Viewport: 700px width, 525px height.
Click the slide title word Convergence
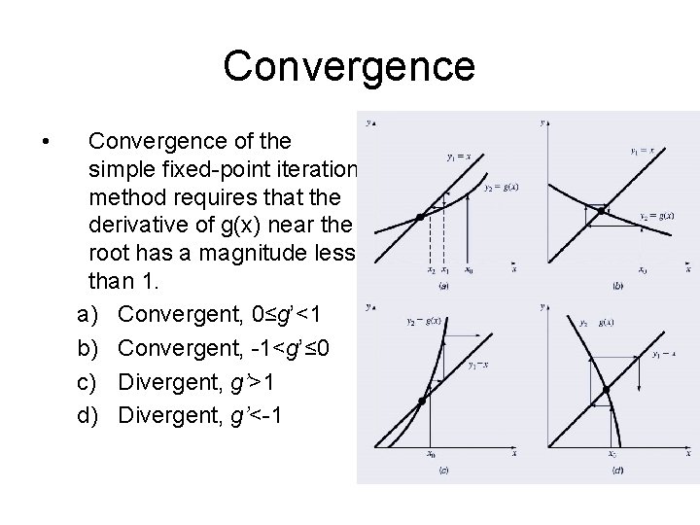[349, 66]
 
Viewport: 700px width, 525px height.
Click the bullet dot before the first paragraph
[48, 142]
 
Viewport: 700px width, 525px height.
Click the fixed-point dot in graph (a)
[419, 217]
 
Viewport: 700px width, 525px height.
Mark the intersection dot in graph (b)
[602, 209]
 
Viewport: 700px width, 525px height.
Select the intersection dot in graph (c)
[422, 401]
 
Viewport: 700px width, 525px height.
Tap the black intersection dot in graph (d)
[605, 391]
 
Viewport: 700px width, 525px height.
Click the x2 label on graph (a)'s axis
[431, 270]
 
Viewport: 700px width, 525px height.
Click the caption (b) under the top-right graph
[618, 287]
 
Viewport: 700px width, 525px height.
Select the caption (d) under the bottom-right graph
[617, 471]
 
